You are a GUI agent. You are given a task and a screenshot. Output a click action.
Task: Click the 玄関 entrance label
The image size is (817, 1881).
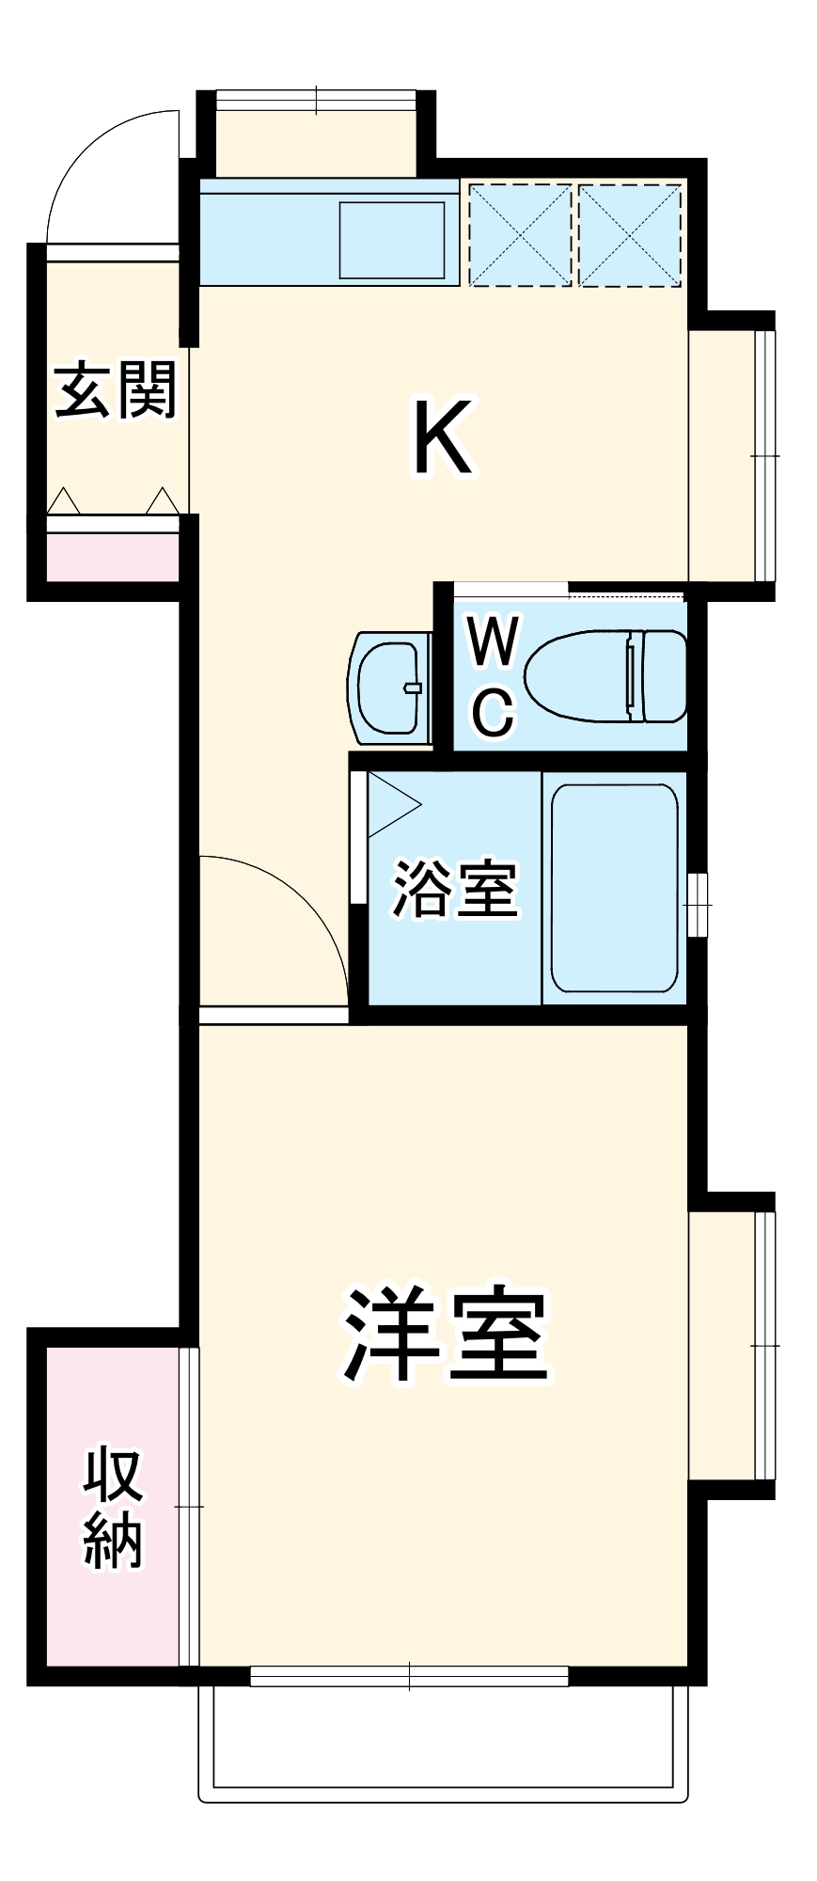click(x=116, y=390)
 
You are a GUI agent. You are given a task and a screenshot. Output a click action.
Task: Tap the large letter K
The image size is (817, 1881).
click(x=443, y=438)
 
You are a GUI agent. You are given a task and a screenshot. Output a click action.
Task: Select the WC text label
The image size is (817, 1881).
click(x=494, y=675)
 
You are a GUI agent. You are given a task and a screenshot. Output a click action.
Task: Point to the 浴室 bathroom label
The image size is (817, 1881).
click(x=455, y=888)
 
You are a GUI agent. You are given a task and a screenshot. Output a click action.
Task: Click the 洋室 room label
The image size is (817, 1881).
click(x=445, y=1334)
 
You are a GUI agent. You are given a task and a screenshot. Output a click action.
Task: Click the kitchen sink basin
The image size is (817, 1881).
click(x=392, y=241)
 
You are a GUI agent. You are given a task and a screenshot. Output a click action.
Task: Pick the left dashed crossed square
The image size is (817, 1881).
click(x=521, y=235)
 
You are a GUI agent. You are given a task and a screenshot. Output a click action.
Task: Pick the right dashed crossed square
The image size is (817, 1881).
click(x=630, y=235)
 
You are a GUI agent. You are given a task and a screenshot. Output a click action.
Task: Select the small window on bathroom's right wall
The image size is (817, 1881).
click(x=697, y=905)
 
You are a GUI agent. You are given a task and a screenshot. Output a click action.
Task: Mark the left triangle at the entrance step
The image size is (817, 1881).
click(x=64, y=501)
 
